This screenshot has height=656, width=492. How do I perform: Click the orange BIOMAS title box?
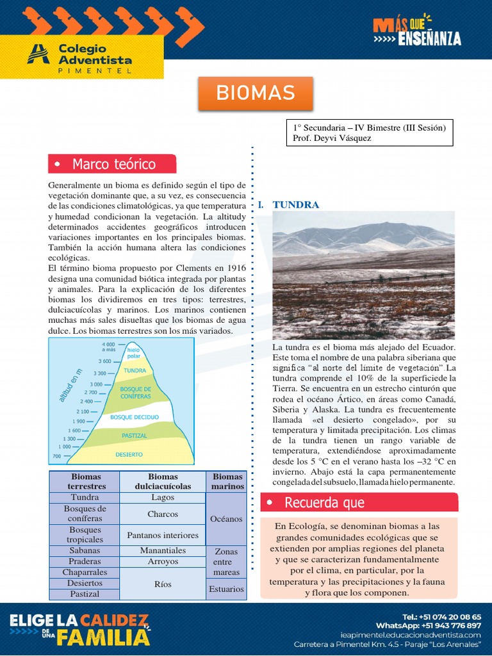point(255,93)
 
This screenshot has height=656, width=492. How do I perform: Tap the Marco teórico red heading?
point(112,164)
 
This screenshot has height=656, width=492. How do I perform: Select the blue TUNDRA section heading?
point(295,205)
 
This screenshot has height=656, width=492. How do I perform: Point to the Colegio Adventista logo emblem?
point(38,54)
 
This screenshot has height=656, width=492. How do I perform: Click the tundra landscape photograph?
point(363,275)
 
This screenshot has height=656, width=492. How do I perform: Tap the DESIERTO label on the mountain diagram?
point(129,454)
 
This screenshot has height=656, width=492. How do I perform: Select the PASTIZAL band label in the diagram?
point(134,436)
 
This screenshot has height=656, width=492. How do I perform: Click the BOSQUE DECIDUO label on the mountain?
point(135,417)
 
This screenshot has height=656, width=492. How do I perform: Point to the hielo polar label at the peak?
point(133,352)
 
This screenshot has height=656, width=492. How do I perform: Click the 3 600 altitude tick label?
point(105,361)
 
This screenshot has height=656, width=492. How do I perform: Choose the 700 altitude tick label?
point(57,456)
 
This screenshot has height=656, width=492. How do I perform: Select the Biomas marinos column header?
point(227,481)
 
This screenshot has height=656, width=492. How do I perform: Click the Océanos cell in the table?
point(226,519)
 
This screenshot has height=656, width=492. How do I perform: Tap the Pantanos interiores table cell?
point(163,535)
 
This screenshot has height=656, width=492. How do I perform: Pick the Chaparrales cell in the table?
point(85,572)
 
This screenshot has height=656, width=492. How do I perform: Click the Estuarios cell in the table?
point(226,589)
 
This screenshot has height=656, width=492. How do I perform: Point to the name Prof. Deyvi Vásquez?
point(332,138)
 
